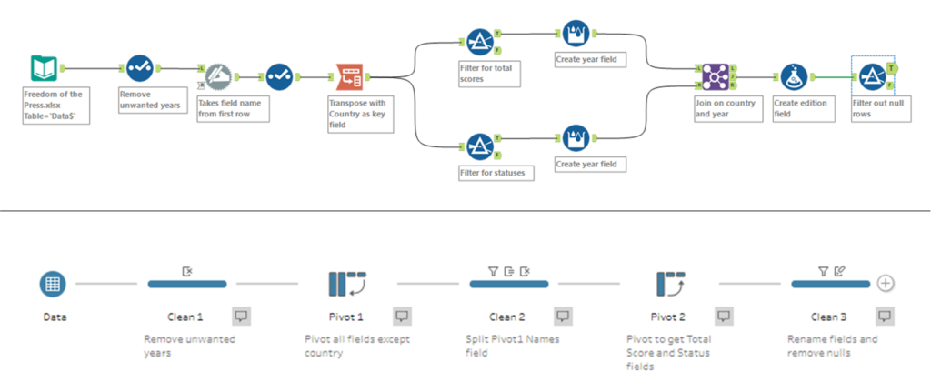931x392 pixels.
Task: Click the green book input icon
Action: click(x=43, y=68)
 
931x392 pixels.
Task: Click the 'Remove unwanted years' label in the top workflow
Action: click(x=149, y=98)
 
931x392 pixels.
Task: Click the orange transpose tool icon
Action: click(x=350, y=78)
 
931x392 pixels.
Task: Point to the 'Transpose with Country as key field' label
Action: click(x=360, y=115)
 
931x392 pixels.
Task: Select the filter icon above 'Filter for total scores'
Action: click(x=479, y=41)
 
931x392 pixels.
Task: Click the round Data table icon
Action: click(x=53, y=284)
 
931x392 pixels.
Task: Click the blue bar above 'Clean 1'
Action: click(x=187, y=284)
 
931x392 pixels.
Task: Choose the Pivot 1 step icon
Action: click(x=345, y=284)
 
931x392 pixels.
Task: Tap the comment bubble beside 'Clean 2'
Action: click(x=563, y=316)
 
